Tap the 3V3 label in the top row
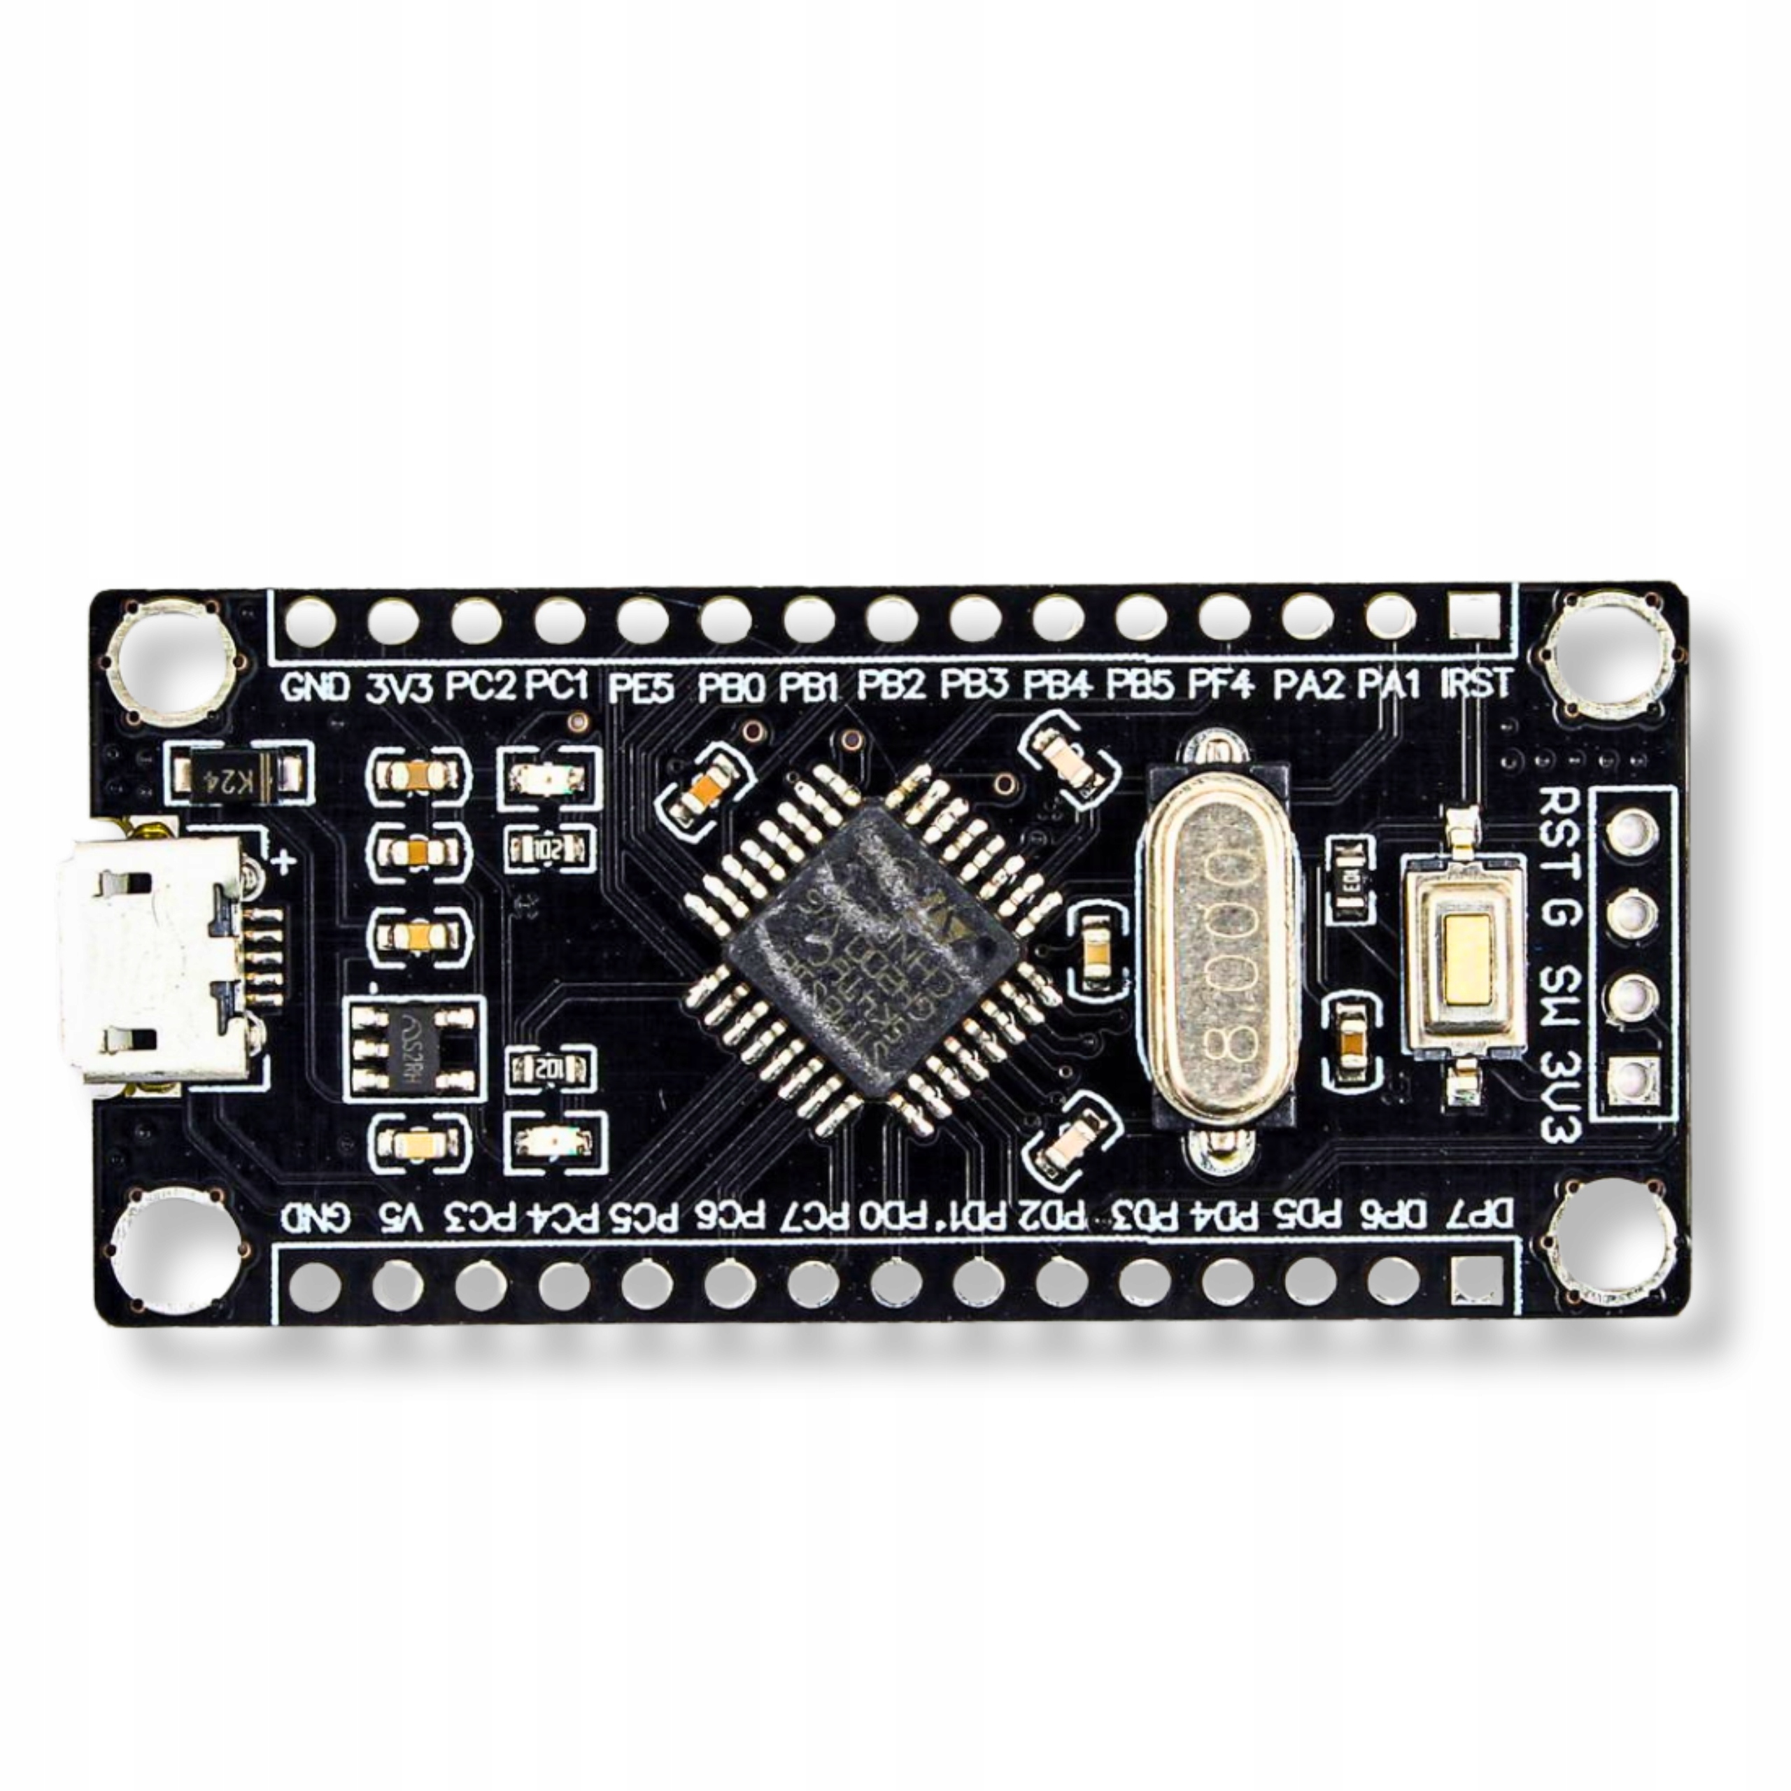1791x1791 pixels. coord(399,687)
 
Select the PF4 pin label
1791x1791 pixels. coord(1222,685)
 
